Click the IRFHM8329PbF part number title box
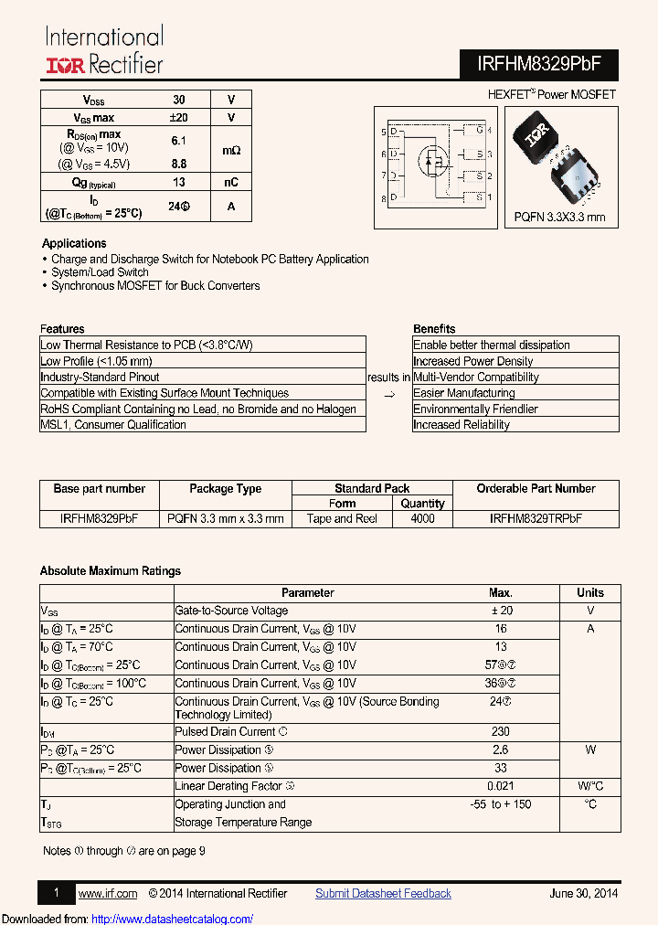(x=535, y=63)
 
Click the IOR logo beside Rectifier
(x=65, y=65)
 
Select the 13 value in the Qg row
(x=179, y=182)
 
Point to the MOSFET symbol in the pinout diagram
(x=432, y=161)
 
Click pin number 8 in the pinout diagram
(x=384, y=198)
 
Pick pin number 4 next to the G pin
(x=490, y=132)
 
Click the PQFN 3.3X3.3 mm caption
(x=559, y=218)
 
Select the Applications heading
(x=74, y=244)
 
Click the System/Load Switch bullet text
(x=100, y=272)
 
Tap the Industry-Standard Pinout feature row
(x=100, y=377)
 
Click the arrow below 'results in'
(x=388, y=394)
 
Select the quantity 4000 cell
(x=423, y=518)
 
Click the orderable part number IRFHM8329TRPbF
(x=536, y=518)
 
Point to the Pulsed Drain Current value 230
(x=501, y=732)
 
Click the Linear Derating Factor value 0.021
(x=501, y=786)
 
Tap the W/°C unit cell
(x=590, y=786)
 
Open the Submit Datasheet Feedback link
(x=383, y=894)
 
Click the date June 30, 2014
(x=584, y=894)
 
